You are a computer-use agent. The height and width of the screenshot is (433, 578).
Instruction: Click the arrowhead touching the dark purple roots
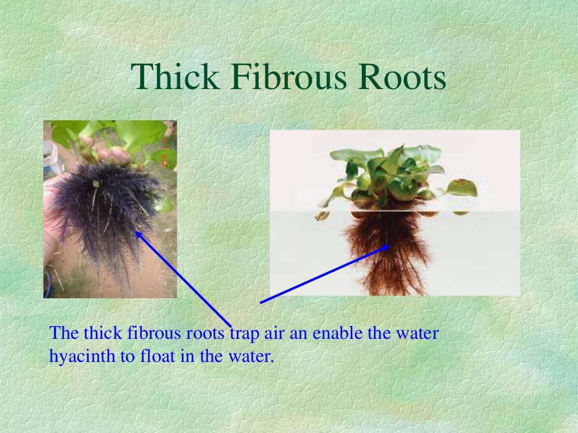tap(138, 233)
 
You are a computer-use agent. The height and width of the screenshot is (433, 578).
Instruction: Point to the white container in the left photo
tap(52, 158)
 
